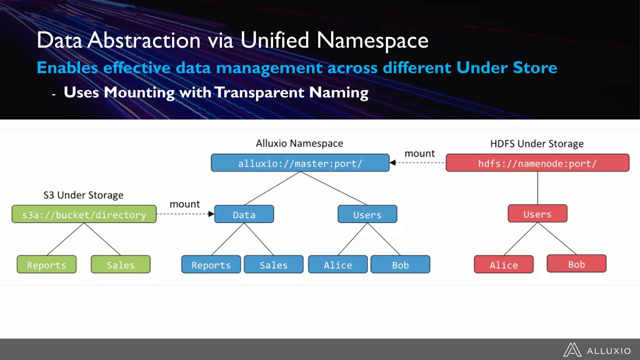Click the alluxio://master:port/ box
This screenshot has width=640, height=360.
300,163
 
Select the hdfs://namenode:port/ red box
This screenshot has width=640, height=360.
537,163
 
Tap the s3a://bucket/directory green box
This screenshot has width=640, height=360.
84,214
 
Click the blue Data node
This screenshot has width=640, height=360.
244,214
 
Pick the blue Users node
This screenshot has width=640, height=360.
367,214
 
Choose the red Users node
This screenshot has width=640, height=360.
537,213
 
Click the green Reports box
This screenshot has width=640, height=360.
47,264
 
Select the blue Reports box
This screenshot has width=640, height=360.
211,264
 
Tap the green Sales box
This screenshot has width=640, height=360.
120,264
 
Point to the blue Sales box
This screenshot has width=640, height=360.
273,264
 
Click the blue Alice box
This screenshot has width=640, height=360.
337,264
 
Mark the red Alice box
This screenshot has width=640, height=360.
503,264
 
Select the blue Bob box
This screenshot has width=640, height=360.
400,264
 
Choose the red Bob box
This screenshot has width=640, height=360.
576,264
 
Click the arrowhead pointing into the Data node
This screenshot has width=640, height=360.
212,214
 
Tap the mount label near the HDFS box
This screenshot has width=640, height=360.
419,153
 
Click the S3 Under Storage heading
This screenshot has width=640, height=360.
83,195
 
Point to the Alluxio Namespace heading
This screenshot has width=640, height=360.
299,143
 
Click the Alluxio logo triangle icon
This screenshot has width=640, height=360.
572,350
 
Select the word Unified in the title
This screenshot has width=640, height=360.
275,41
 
